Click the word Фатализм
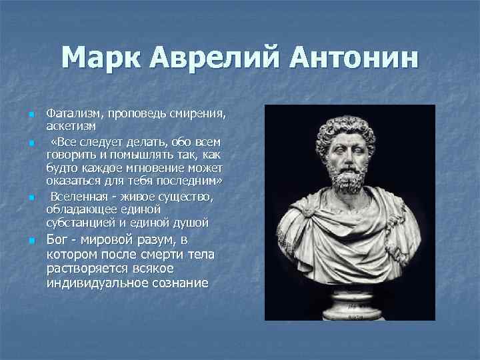click(70, 114)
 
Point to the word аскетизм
click(71, 125)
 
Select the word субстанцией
click(79, 222)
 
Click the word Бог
click(59, 240)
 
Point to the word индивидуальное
click(97, 283)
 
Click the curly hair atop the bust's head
click(347, 120)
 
